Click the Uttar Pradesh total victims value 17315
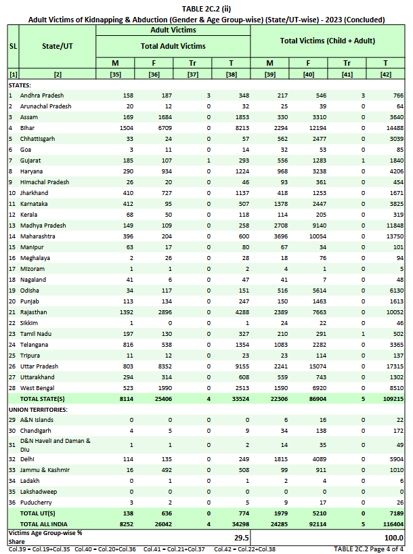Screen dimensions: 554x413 (x=393, y=366)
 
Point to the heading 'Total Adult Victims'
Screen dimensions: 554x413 (x=173, y=46)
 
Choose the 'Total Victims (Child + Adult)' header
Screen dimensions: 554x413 (x=328, y=41)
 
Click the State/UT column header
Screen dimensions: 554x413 (x=58, y=46)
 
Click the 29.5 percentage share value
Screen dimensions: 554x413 (x=240, y=537)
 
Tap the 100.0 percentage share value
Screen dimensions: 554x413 (x=393, y=537)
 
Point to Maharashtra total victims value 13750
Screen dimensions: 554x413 (x=393, y=236)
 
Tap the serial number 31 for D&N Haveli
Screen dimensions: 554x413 (x=11, y=444)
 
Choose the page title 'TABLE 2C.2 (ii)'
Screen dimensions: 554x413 (x=206, y=7)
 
